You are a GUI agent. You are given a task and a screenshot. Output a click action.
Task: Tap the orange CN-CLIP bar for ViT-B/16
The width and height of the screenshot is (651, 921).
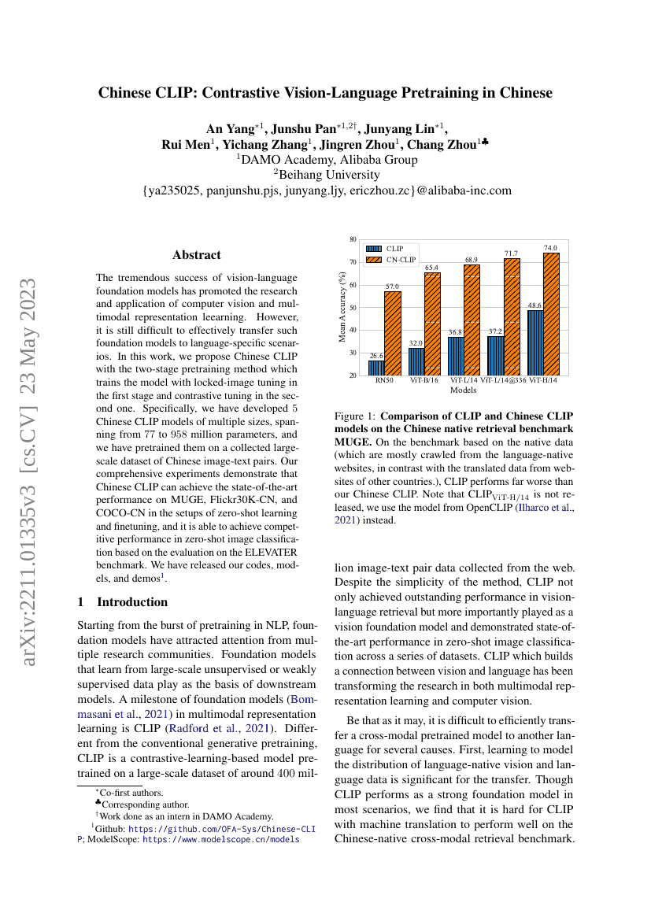tap(432, 324)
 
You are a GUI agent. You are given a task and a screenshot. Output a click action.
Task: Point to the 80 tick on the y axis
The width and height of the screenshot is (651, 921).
tap(353, 238)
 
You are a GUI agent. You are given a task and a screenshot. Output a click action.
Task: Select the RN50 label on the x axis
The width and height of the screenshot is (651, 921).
tap(384, 380)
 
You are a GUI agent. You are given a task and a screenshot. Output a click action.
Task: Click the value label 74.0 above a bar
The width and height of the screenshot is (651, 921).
tap(549, 248)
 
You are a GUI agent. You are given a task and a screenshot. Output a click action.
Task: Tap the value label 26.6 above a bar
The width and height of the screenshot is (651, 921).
tap(376, 356)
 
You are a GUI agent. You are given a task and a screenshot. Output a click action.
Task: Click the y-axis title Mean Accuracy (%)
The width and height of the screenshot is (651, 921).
tap(342, 307)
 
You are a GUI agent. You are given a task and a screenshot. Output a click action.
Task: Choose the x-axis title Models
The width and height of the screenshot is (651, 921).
tap(463, 389)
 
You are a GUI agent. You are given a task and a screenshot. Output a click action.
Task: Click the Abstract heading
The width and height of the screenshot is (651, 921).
tap(196, 255)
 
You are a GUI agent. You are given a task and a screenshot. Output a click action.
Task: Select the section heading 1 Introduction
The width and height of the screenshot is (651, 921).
tap(122, 602)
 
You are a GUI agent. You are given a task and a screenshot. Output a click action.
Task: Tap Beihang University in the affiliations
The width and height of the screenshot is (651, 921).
tap(325, 174)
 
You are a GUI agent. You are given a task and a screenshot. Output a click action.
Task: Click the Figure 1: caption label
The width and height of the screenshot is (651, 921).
tap(357, 415)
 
